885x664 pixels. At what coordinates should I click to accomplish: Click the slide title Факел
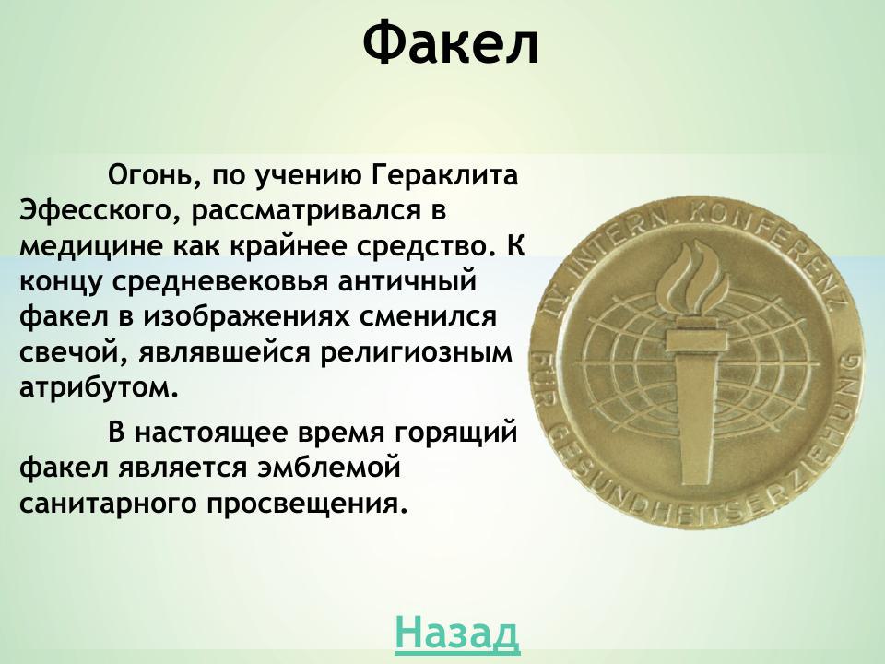[x=449, y=43]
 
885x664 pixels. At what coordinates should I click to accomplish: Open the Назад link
[x=456, y=633]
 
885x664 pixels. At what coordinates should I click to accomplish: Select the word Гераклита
[x=445, y=175]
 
